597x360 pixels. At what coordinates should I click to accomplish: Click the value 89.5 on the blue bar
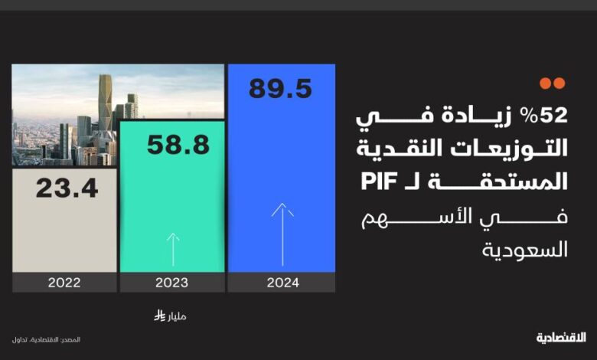pyautogui.click(x=280, y=89)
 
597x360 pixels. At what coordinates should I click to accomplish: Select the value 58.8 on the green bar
pyautogui.click(x=178, y=145)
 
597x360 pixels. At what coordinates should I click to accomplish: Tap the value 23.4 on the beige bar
pyautogui.click(x=67, y=188)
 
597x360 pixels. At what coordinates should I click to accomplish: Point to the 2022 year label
pyautogui.click(x=64, y=283)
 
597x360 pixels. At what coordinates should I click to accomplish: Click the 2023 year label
pyautogui.click(x=171, y=283)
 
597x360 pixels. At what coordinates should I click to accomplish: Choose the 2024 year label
pyautogui.click(x=283, y=283)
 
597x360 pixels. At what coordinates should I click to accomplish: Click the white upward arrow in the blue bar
pyautogui.click(x=282, y=234)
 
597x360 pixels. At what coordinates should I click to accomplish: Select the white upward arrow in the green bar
pyautogui.click(x=173, y=250)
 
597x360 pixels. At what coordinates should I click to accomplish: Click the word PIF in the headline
pyautogui.click(x=379, y=182)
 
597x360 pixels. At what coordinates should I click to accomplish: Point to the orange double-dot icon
pyautogui.click(x=553, y=83)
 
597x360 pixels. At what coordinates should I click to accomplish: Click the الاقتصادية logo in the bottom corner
pyautogui.click(x=561, y=338)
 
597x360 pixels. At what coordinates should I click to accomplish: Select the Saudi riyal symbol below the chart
pyautogui.click(x=159, y=316)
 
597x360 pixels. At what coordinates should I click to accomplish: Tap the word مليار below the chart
pyautogui.click(x=177, y=316)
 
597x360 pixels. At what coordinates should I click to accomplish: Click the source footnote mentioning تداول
pyautogui.click(x=46, y=339)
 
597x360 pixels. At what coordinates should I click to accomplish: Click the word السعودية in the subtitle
pyautogui.click(x=524, y=250)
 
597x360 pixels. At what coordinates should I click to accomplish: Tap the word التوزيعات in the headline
pyautogui.click(x=509, y=148)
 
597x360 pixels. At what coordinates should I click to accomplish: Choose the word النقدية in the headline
pyautogui.click(x=400, y=148)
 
